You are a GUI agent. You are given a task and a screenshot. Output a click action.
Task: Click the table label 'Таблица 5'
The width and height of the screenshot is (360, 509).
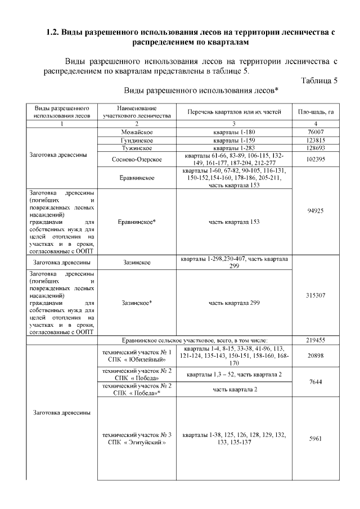click(319, 80)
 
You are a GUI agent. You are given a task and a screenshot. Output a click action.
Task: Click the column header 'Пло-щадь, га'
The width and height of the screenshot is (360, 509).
click(316, 111)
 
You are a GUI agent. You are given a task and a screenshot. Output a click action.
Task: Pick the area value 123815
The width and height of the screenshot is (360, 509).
click(316, 139)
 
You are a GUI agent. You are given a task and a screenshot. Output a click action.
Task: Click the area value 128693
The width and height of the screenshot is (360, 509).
click(316, 148)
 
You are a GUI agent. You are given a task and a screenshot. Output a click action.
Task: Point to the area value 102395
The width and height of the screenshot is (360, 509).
click(316, 159)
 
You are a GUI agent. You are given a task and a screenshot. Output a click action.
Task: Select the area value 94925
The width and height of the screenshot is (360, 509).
click(316, 211)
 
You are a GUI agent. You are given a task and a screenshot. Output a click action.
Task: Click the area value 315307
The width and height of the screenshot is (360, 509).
click(316, 295)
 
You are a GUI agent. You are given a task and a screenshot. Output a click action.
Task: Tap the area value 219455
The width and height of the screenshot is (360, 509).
click(316, 341)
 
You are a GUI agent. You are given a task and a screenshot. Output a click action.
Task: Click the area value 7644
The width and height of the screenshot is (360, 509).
click(316, 382)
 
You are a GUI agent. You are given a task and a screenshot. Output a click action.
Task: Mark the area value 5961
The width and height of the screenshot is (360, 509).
click(316, 439)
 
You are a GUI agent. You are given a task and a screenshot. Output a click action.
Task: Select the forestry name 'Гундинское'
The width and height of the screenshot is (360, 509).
click(137, 139)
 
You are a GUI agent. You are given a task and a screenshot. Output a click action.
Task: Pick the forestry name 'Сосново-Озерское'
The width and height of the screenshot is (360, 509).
click(137, 159)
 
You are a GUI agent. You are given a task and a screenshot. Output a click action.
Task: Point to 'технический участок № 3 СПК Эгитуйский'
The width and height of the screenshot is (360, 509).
click(137, 439)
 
